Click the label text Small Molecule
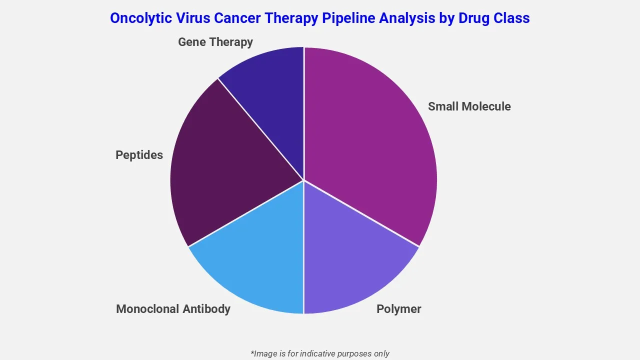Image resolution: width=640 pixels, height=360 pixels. click(469, 106)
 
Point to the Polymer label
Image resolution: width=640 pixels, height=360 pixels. click(398, 309)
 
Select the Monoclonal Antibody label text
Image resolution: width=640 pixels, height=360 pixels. click(173, 309)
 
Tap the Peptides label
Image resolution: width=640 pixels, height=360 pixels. click(139, 155)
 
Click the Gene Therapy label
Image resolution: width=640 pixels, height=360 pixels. click(215, 42)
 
